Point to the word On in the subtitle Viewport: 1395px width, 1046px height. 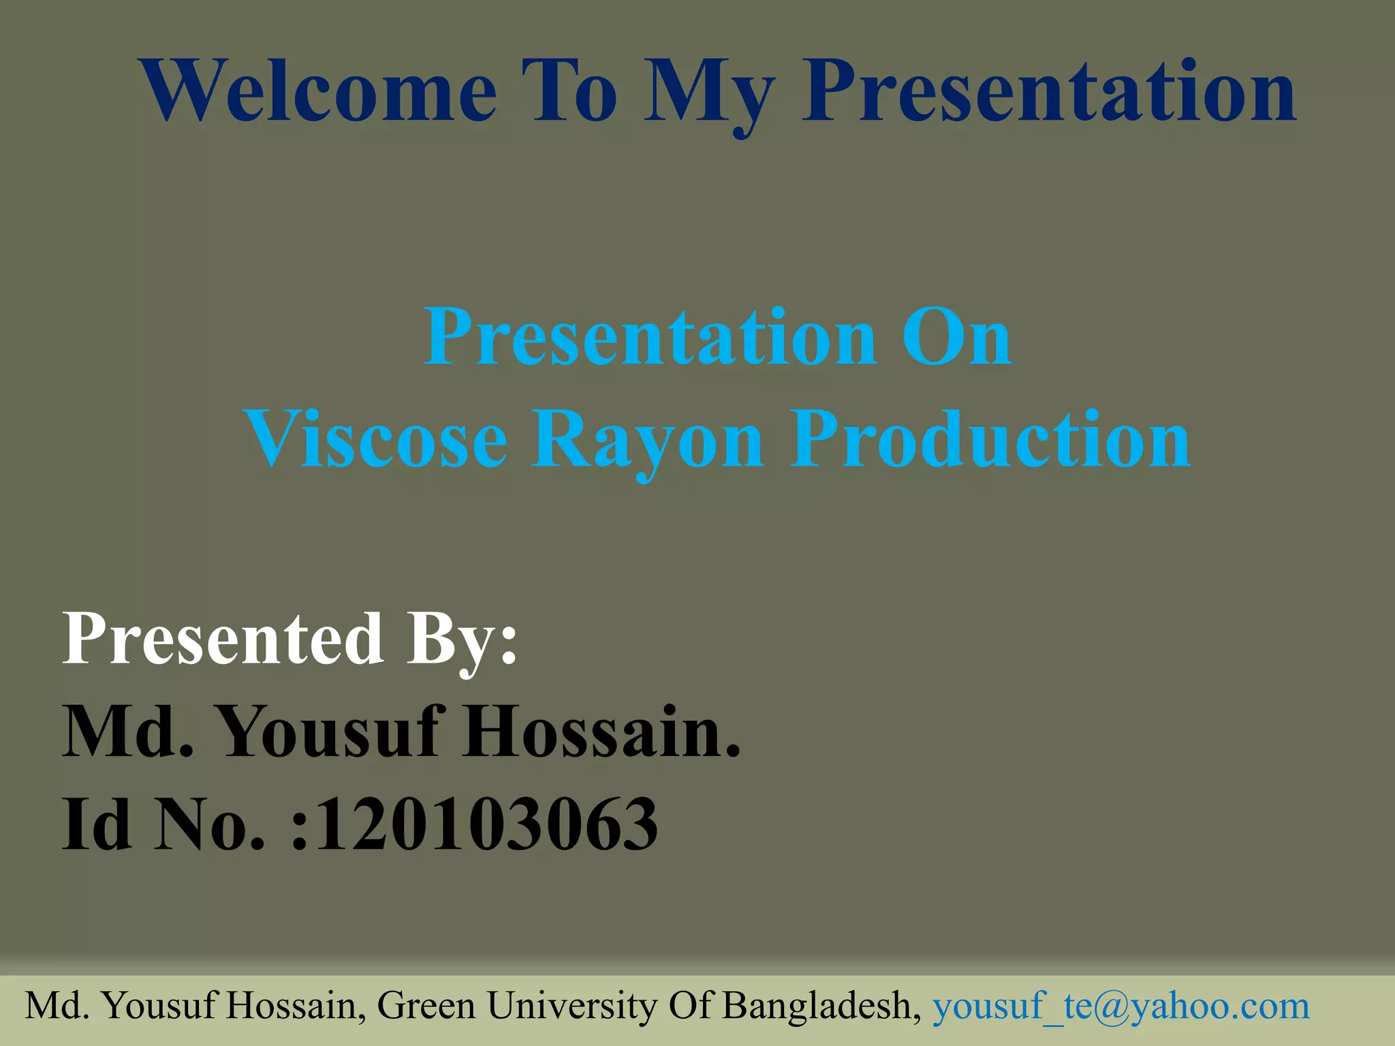click(x=956, y=338)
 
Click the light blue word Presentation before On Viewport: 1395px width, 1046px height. click(x=651, y=338)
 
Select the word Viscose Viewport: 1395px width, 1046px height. click(x=376, y=439)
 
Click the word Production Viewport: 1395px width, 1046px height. click(x=990, y=439)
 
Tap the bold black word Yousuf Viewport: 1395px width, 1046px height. click(x=329, y=732)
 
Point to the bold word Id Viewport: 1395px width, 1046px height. click(x=96, y=825)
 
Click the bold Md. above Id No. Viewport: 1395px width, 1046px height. click(x=128, y=732)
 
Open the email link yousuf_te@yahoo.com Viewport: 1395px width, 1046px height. click(x=1120, y=1006)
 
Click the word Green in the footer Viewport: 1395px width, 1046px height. click(x=426, y=1006)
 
